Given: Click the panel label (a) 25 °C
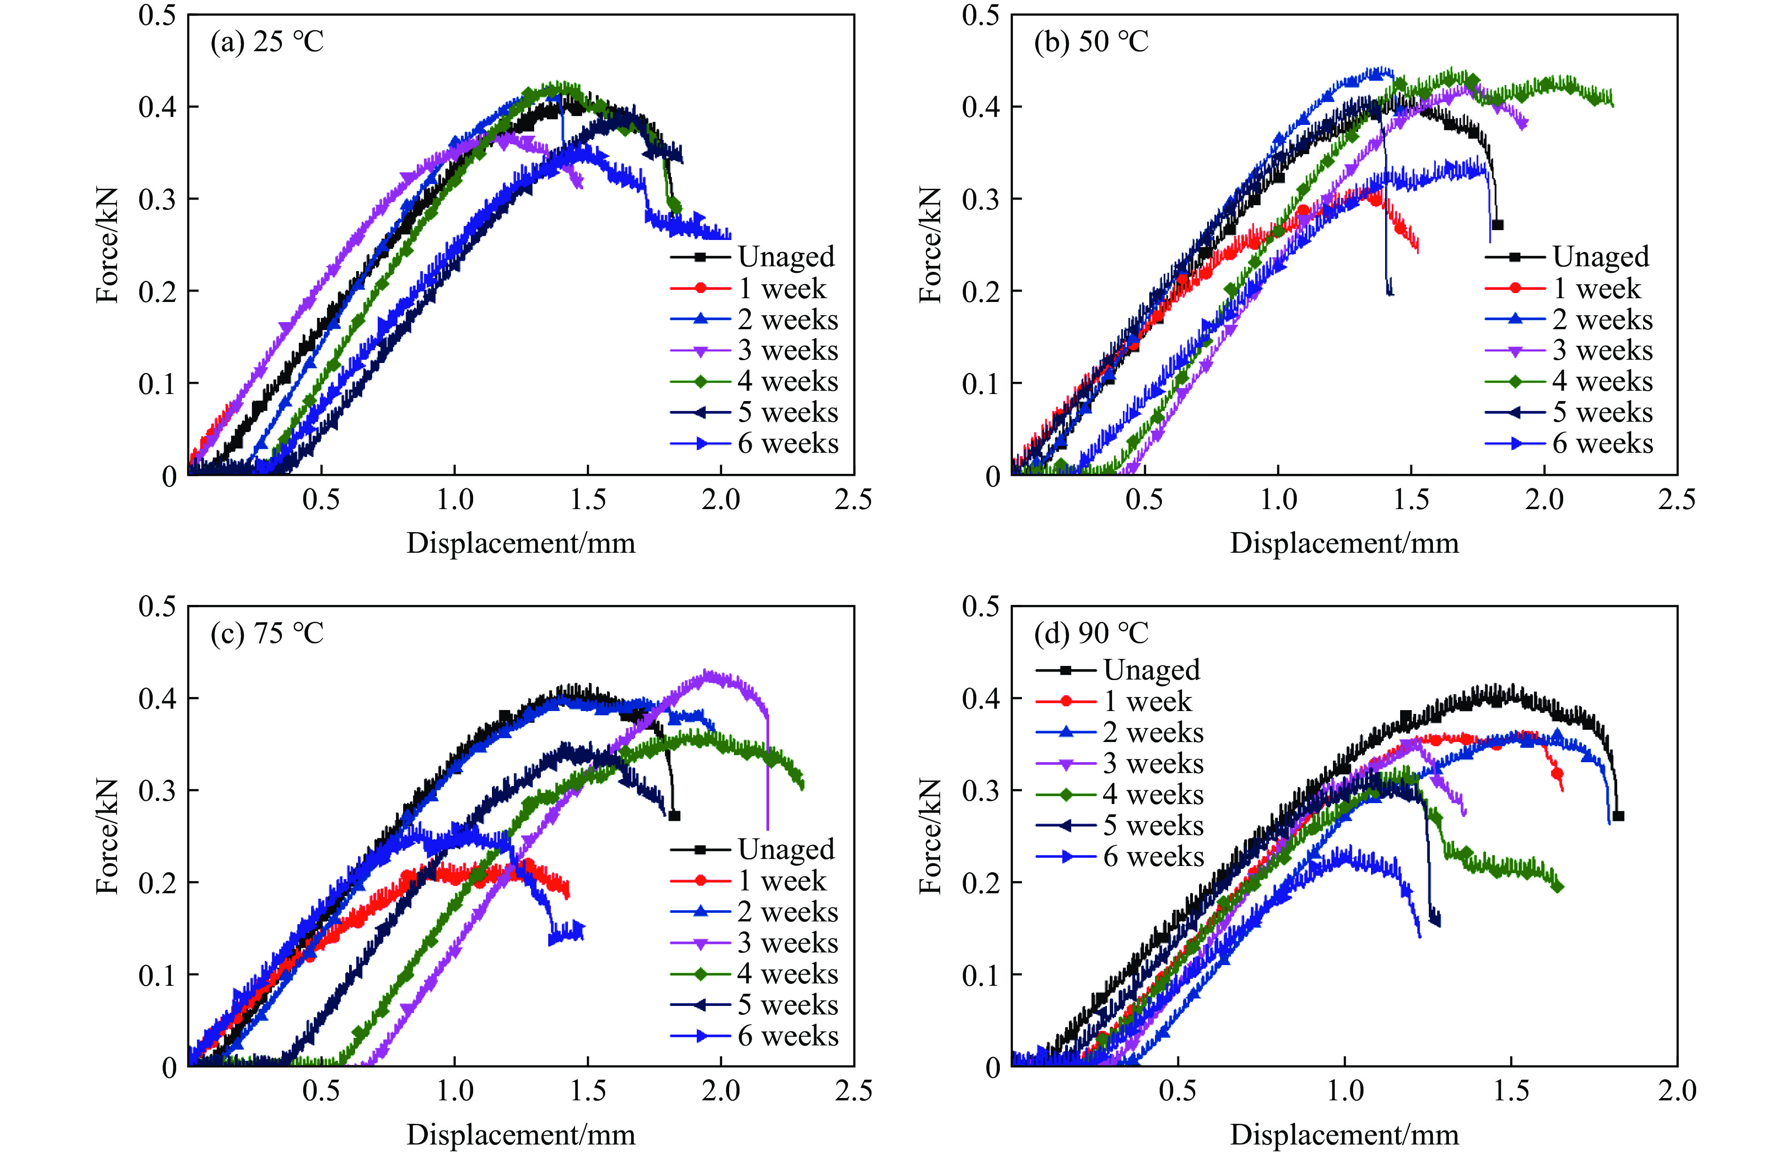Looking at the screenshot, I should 267,42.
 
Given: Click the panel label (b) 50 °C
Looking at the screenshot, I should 1091,42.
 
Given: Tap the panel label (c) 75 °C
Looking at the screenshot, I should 267,634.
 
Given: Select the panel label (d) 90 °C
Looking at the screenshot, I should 1091,634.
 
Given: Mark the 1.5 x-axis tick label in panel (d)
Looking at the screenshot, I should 1511,1091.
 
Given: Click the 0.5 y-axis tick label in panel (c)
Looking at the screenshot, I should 157,606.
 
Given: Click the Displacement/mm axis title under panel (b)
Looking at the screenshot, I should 1344,543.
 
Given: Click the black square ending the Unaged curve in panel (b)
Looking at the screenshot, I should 1497,224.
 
